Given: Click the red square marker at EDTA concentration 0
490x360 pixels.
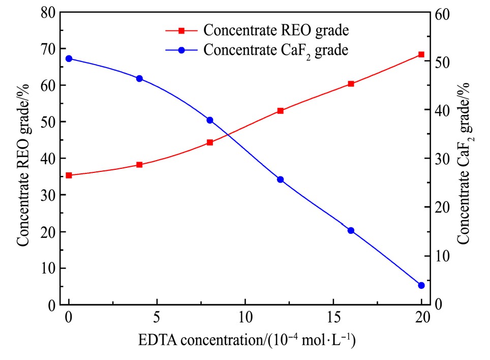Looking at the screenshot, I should click(69, 175).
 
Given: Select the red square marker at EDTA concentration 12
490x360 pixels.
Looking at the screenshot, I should click(280, 111).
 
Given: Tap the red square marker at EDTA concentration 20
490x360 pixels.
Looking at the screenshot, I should click(421, 54).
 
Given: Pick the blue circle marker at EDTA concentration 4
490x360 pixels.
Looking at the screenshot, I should click(139, 78).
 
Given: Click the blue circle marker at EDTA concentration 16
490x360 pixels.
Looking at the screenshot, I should click(351, 230).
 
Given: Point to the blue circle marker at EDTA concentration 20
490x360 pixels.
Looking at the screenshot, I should click(421, 285).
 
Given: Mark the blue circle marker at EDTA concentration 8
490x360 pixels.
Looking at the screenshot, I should click(210, 120).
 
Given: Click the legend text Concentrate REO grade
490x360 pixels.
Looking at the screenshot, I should click(276, 31).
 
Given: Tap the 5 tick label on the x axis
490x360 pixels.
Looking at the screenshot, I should click(157, 318).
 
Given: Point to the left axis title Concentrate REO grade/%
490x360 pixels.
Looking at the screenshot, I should click(24, 159).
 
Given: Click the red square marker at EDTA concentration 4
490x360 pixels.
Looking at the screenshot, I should click(139, 165).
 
